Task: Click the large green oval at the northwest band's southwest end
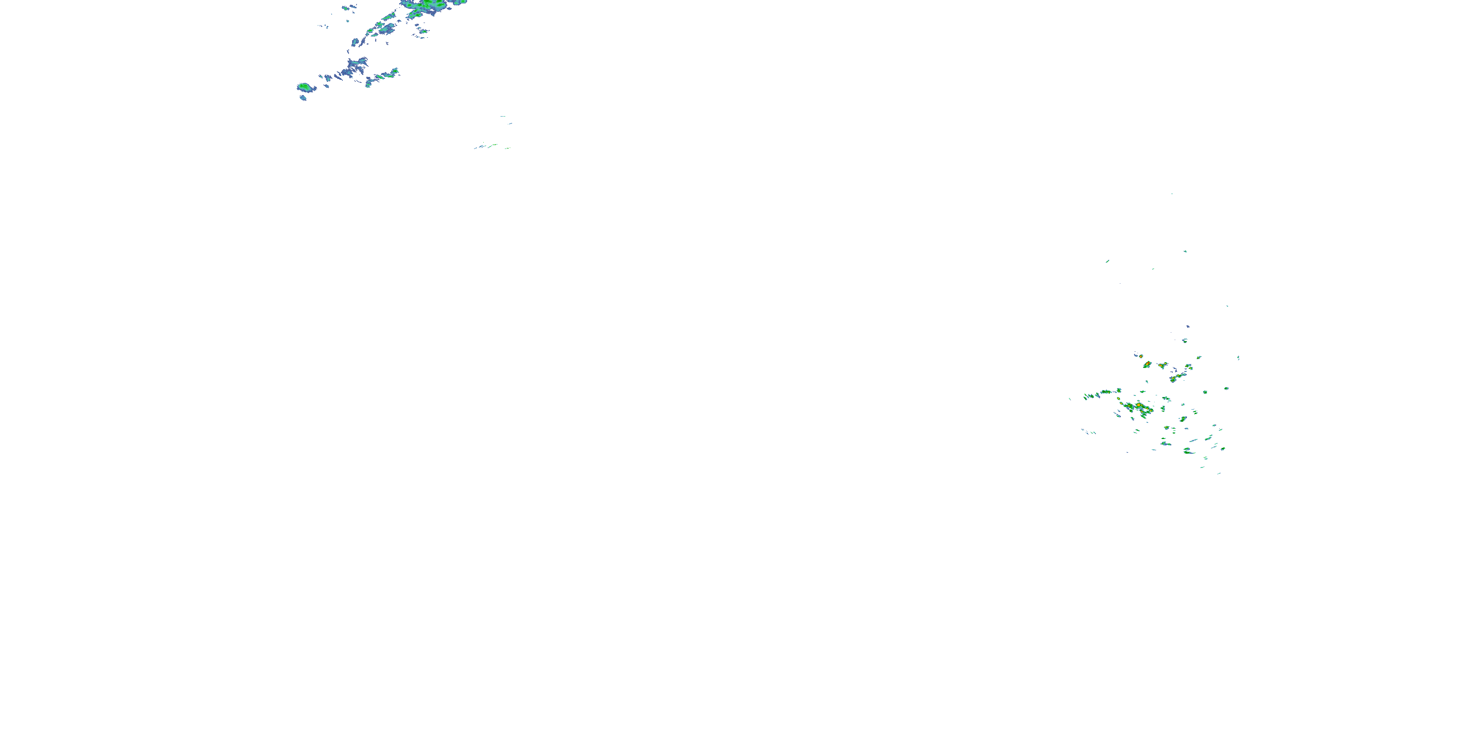(305, 87)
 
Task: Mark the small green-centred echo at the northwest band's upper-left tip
(346, 8)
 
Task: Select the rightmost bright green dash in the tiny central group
(506, 148)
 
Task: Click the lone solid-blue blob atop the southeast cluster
(1188, 326)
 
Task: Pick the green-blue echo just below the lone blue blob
(1185, 341)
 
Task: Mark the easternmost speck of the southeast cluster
(1239, 358)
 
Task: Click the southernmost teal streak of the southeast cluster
(1219, 473)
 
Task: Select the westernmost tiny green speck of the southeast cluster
(1069, 399)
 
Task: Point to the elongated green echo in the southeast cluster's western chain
(1106, 392)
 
